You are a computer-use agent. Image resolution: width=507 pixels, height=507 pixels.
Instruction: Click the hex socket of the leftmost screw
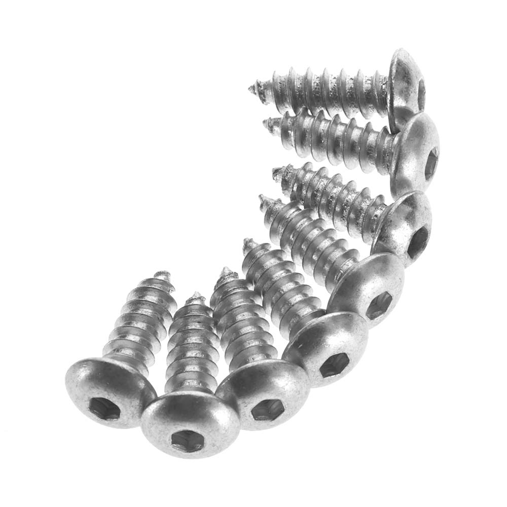coord(105,407)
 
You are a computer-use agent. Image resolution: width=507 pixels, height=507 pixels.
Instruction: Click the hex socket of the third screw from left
coord(267,409)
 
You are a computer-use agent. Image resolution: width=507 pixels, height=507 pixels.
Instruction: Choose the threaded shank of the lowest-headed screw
coord(190,350)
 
